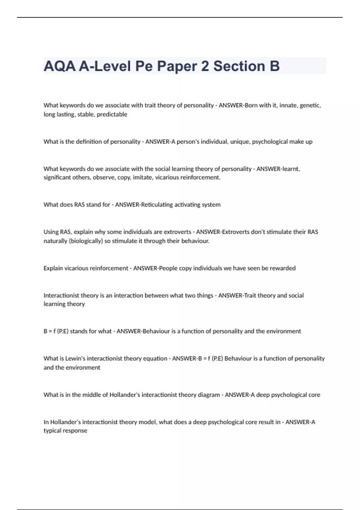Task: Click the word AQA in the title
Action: pyautogui.click(x=59, y=66)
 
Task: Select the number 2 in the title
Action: pyautogui.click(x=205, y=66)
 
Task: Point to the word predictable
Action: pyautogui.click(x=112, y=114)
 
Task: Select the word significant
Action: pyautogui.click(x=59, y=177)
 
